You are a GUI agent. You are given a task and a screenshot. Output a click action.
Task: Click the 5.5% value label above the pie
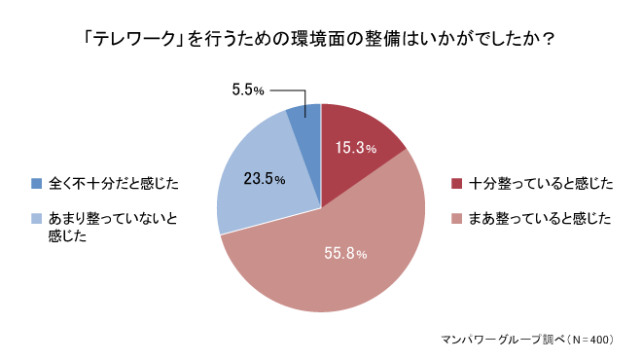pos(249,90)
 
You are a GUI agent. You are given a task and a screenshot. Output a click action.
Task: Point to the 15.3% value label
pos(356,149)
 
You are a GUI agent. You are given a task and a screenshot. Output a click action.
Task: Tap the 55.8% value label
pos(345,254)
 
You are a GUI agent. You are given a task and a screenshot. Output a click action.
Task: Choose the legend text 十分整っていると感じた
pos(540,184)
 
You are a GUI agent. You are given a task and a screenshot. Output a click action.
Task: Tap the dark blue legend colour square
pos(37,183)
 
